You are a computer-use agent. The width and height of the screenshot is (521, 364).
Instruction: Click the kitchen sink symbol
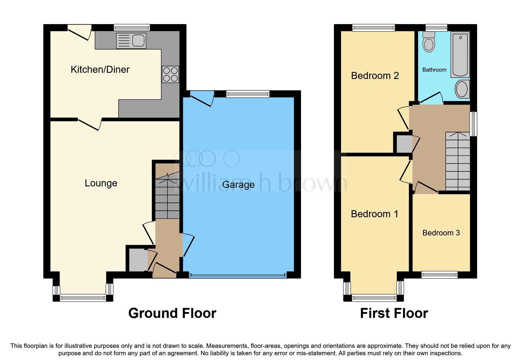coord(131,41)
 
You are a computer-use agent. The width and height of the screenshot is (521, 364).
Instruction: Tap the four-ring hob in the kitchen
coord(170,74)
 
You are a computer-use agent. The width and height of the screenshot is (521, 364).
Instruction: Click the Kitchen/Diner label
coord(100,70)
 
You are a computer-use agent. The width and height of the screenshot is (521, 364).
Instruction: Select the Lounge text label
coord(101,183)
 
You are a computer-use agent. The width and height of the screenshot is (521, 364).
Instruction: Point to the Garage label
coord(238,185)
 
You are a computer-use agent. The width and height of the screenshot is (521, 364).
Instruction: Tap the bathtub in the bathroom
coord(460,55)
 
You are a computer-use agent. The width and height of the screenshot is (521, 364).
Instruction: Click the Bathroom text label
coord(434,70)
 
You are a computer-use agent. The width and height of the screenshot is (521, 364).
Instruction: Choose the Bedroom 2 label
coord(375,76)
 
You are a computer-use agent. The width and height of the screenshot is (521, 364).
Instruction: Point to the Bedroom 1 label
coord(374,214)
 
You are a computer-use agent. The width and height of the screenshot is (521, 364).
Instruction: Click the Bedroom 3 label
coord(441,233)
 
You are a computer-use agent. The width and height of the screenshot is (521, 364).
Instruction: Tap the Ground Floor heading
coord(172,313)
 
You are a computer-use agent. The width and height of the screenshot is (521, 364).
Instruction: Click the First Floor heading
coord(394,313)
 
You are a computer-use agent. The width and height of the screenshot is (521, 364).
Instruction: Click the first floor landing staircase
coord(458,161)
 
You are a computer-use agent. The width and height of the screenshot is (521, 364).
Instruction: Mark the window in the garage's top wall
coord(248,94)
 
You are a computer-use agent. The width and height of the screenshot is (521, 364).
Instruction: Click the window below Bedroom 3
coord(440,275)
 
